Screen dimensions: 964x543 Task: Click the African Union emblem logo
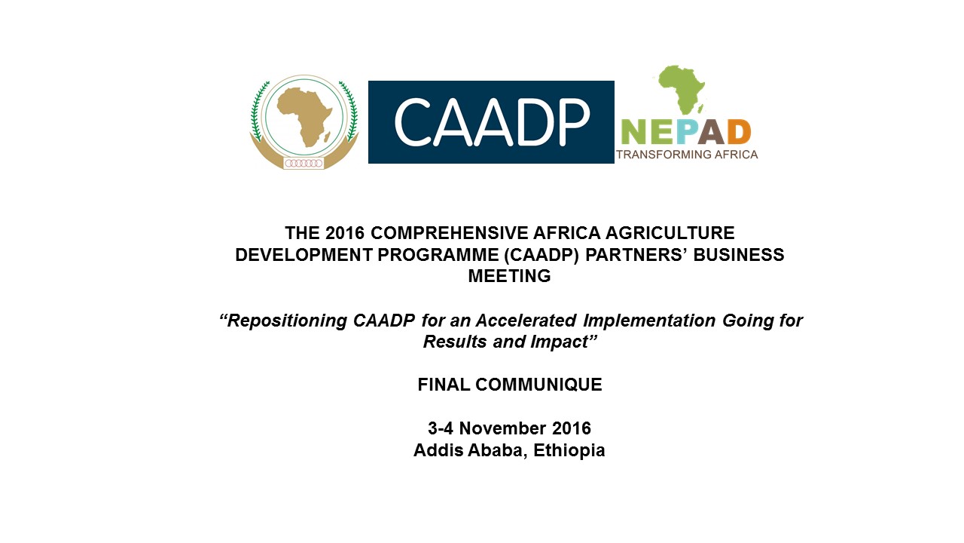pyautogui.click(x=304, y=122)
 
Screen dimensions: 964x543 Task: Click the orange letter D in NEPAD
pyautogui.click(x=740, y=132)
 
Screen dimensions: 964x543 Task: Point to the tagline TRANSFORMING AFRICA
pyautogui.click(x=687, y=155)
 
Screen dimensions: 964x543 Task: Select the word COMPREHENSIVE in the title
pyautogui.click(x=450, y=233)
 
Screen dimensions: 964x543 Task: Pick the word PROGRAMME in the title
pyautogui.click(x=438, y=255)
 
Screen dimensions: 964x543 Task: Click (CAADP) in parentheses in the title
pyautogui.click(x=541, y=255)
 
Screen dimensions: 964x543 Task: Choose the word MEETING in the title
pyautogui.click(x=510, y=276)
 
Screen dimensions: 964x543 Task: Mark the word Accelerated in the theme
pyautogui.click(x=526, y=321)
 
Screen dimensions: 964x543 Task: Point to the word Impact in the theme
pyautogui.click(x=564, y=342)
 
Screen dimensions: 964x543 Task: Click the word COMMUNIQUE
pyautogui.click(x=538, y=385)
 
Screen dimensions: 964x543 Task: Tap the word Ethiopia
pyautogui.click(x=569, y=450)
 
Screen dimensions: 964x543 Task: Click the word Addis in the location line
pyautogui.click(x=438, y=450)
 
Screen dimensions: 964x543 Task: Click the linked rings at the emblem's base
pyautogui.click(x=304, y=164)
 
